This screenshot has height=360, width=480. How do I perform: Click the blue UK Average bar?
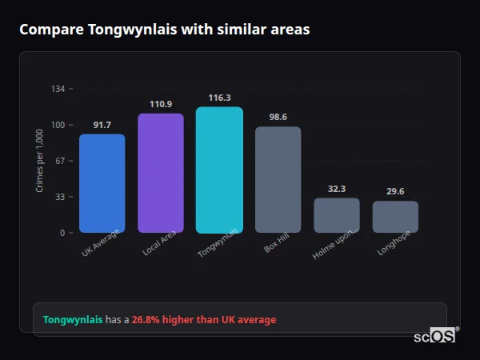click(x=102, y=183)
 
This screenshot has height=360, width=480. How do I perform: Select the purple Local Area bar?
click(x=161, y=173)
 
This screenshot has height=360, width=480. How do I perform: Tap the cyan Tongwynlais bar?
click(x=219, y=170)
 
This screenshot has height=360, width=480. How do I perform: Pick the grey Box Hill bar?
click(x=278, y=179)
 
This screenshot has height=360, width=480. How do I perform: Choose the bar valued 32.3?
click(x=337, y=215)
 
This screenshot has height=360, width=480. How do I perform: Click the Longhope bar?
click(x=395, y=217)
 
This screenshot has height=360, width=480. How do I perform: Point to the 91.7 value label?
click(x=102, y=125)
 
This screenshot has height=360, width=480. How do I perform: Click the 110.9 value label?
click(x=161, y=104)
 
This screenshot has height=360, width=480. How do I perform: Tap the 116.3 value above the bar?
click(x=219, y=98)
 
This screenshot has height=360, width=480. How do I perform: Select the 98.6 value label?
click(x=278, y=117)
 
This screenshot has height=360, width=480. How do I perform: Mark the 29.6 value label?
click(x=395, y=191)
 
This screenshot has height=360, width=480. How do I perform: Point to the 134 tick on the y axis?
click(x=58, y=89)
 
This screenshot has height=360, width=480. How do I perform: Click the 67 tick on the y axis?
click(x=61, y=161)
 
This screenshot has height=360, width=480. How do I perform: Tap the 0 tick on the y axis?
click(x=63, y=233)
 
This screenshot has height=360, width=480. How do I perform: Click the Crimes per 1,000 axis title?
click(x=40, y=161)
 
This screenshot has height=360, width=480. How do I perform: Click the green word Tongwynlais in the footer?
click(x=73, y=320)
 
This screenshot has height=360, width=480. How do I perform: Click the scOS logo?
click(x=435, y=336)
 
